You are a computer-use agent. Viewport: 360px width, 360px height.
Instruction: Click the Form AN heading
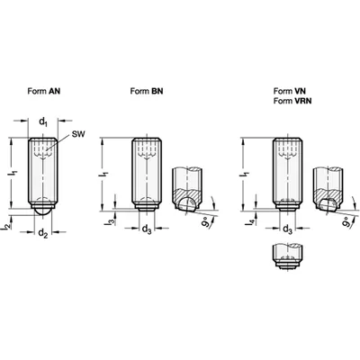44,91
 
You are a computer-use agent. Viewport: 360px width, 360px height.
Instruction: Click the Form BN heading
147,91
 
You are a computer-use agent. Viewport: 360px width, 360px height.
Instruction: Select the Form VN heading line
290,91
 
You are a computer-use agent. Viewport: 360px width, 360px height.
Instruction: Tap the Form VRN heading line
292,101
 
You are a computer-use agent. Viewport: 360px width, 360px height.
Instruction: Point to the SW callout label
78,134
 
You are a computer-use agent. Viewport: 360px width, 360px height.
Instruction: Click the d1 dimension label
43,121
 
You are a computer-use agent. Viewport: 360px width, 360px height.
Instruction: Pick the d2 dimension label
43,233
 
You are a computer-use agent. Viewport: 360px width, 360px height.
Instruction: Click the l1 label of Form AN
13,173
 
